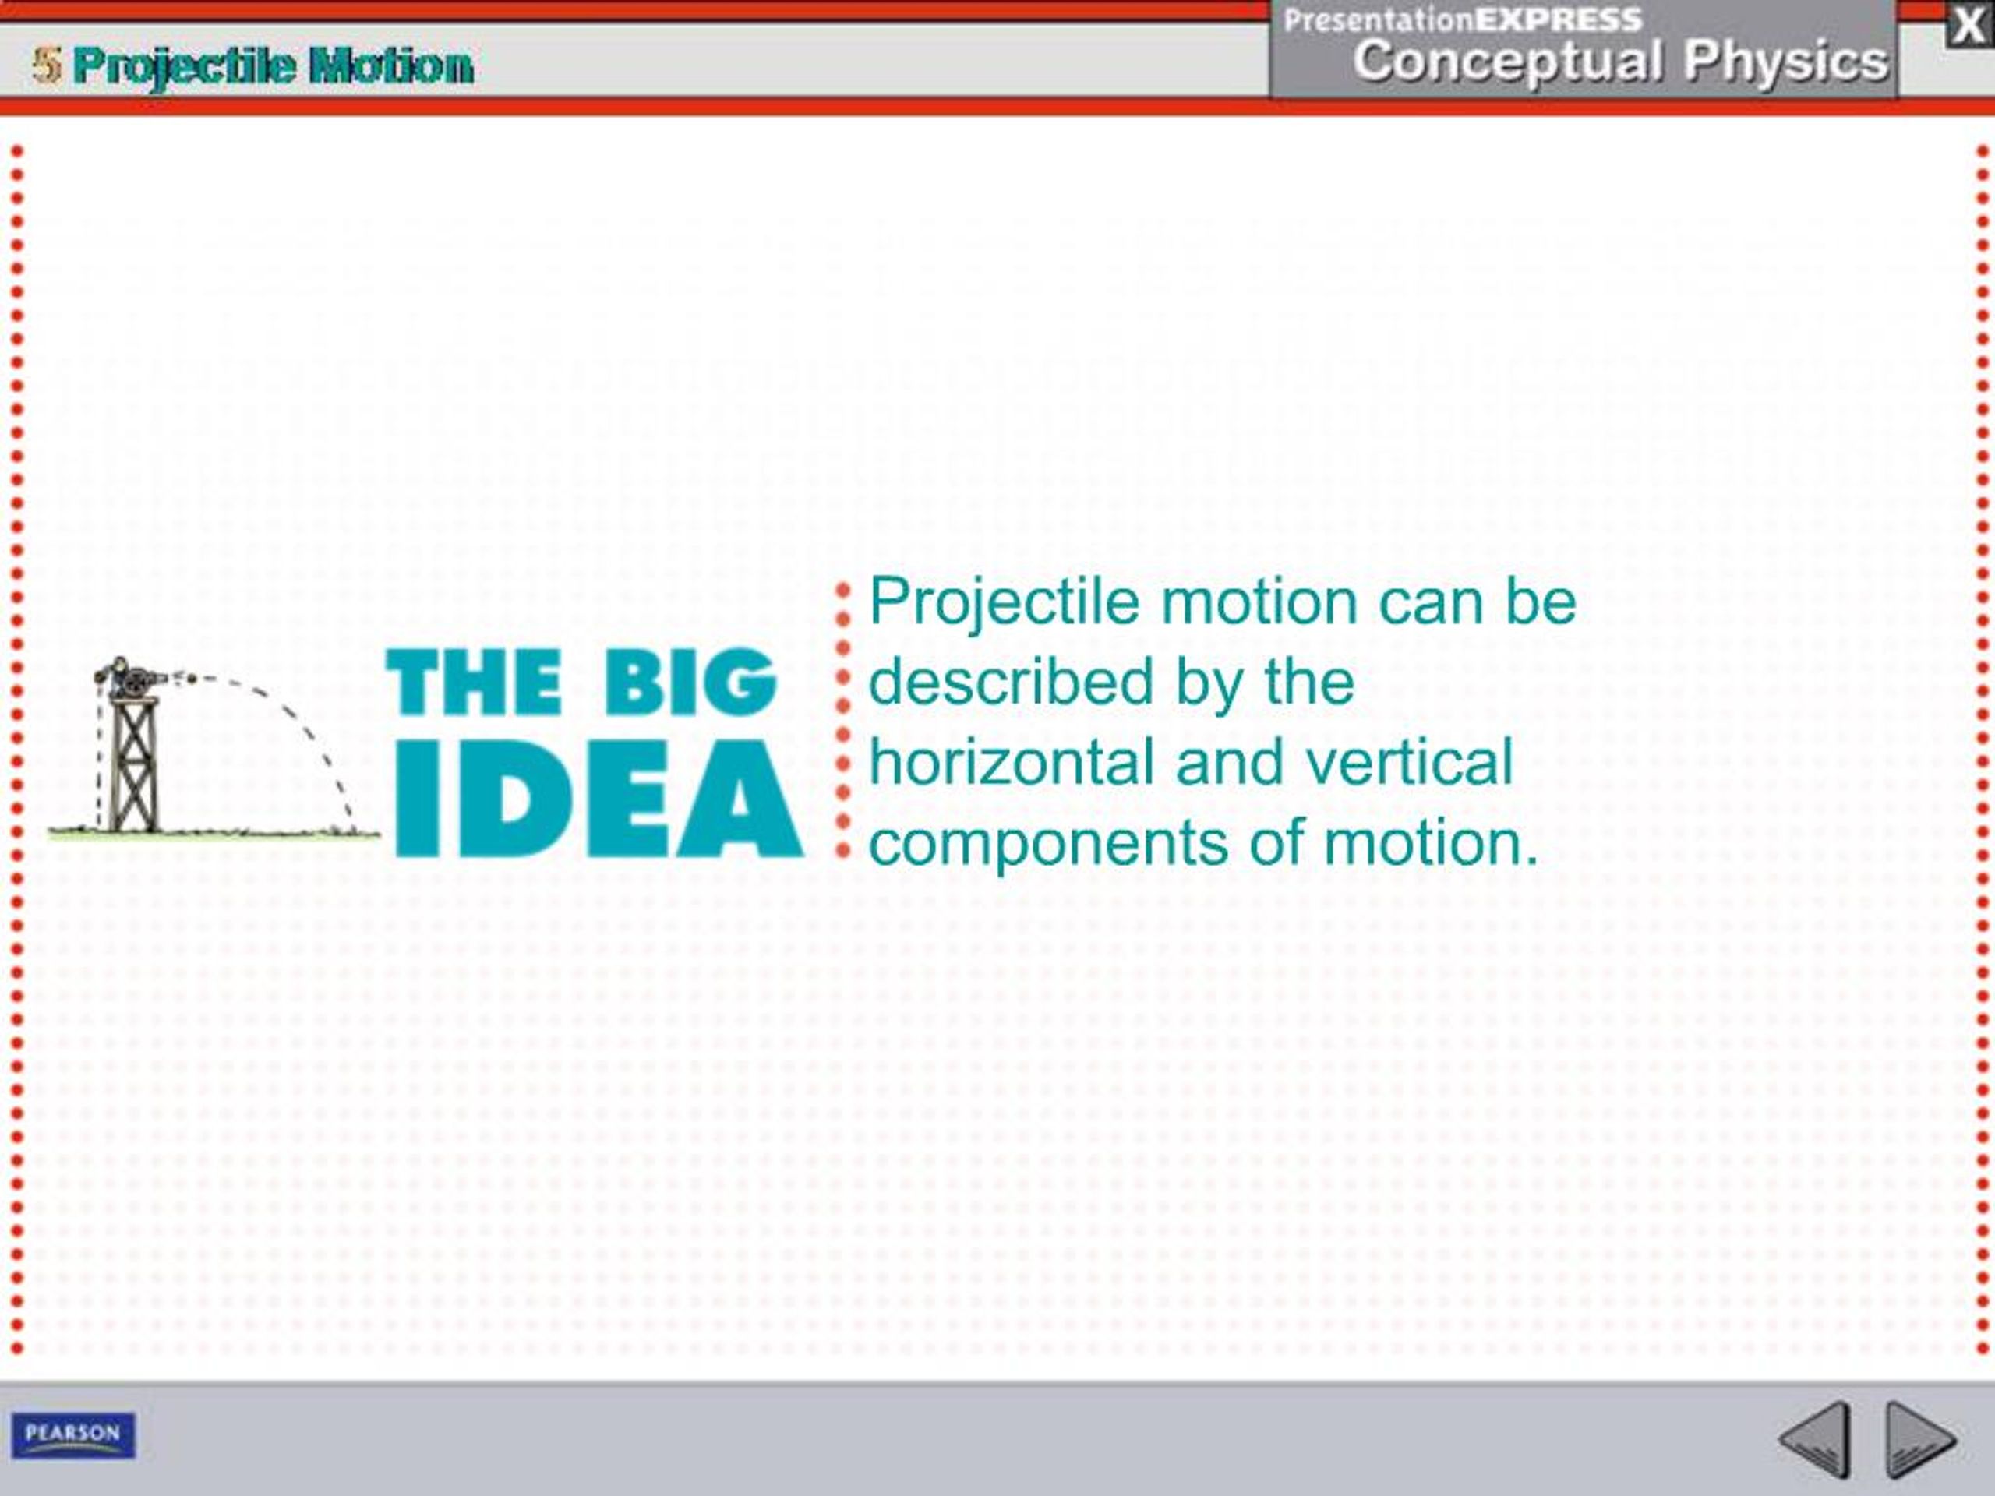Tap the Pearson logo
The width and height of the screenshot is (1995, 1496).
tap(73, 1434)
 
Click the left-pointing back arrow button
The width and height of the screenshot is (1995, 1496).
tap(1817, 1438)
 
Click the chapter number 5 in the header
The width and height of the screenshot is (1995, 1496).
tap(47, 65)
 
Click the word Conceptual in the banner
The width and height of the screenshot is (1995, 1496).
tap(1507, 62)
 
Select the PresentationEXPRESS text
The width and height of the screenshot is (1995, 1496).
tap(1462, 19)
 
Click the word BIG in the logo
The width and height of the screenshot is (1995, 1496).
tap(689, 682)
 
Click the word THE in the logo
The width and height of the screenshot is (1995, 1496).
tap(475, 682)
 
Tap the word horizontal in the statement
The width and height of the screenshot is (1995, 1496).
tap(1010, 762)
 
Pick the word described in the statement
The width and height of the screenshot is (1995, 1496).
tap(1010, 682)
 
